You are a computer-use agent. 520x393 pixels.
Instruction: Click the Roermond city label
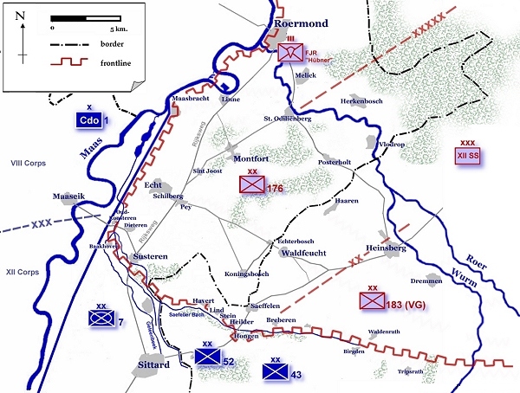click(x=302, y=24)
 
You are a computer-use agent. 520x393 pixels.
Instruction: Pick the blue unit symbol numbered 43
click(x=276, y=371)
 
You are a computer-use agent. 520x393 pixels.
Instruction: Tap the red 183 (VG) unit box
click(x=373, y=300)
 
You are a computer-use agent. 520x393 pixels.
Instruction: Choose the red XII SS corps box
click(x=467, y=156)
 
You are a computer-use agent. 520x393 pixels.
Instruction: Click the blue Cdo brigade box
click(x=88, y=120)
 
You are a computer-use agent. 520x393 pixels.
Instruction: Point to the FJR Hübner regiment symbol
click(x=292, y=53)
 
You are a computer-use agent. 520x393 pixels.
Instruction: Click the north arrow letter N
click(x=20, y=16)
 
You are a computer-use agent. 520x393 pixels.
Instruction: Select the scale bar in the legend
click(x=85, y=17)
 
